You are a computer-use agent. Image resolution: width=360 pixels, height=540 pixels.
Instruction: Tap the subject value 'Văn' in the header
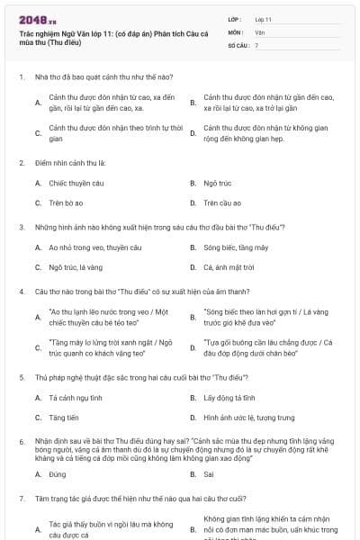coord(259,31)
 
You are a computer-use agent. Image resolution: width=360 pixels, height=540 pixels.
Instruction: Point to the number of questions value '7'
coord(256,44)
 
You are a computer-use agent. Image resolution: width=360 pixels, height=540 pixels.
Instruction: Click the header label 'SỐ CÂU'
coord(238,44)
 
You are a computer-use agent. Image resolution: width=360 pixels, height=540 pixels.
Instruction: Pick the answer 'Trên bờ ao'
coord(68,202)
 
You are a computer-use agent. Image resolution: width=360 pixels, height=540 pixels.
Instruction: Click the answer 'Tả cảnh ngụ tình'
coord(74,397)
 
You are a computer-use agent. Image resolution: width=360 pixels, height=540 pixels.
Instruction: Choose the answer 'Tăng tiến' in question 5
coord(64,418)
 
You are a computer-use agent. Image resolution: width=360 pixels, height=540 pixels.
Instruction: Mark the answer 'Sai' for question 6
coord(209,473)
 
